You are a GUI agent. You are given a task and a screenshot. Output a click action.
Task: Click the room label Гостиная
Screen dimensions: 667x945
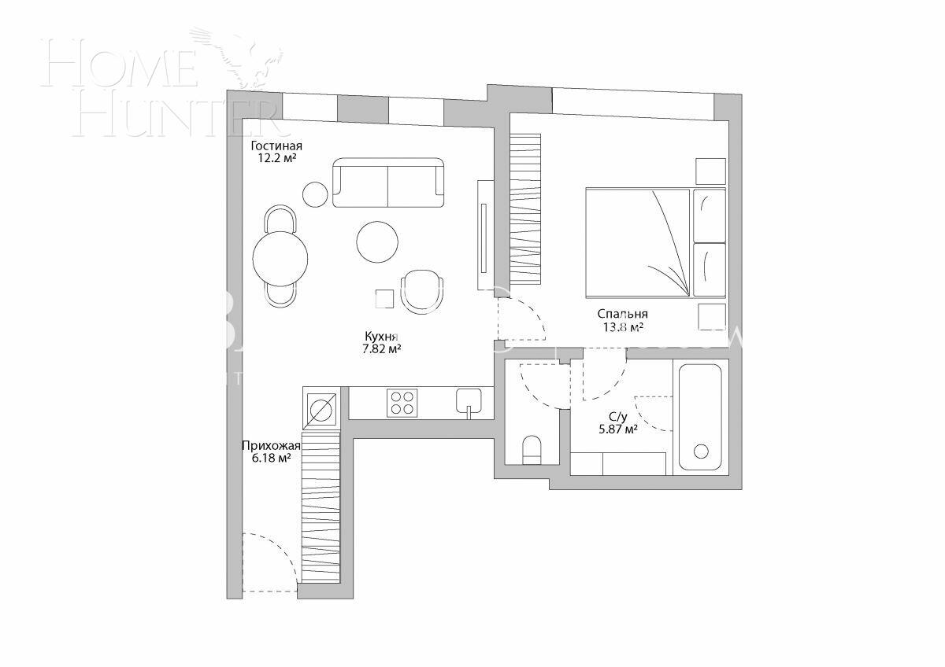coord(276,146)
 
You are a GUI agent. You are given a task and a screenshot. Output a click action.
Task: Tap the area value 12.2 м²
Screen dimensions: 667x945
coord(276,158)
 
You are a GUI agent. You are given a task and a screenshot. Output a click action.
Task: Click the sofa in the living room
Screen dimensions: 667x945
coord(388,183)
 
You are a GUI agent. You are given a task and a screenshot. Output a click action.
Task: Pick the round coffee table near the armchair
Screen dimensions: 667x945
coord(377,241)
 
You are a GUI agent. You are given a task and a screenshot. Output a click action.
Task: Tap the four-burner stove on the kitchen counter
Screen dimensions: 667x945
coord(402,404)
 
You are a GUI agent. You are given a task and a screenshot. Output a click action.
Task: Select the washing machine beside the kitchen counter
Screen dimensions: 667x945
coord(321,408)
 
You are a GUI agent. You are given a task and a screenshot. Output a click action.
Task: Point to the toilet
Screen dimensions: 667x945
coord(532,450)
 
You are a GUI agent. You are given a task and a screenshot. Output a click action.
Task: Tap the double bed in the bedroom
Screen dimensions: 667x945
coord(638,242)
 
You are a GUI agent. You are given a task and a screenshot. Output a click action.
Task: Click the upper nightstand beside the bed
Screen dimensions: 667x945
coord(710,171)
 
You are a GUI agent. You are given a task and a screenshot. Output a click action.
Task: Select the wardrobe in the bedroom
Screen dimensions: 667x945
coord(525,210)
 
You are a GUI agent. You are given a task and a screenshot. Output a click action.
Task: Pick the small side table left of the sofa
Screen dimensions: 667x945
coord(316,193)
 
